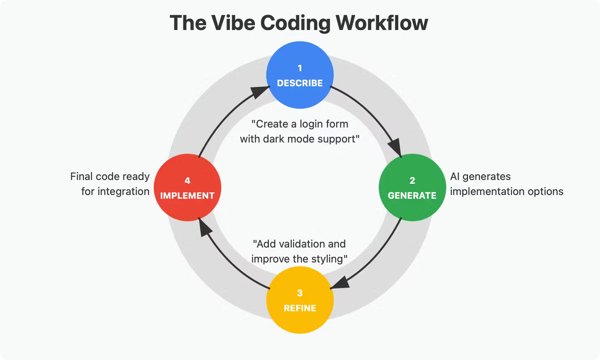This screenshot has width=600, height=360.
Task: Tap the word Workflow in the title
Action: [381, 23]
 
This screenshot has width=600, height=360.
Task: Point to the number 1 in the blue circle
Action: [300, 68]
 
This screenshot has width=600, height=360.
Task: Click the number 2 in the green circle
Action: [412, 181]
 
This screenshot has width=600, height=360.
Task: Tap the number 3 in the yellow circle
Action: [300, 293]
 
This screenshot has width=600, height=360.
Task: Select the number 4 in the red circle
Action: [187, 181]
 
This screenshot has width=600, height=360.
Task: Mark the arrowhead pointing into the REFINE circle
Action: [340, 283]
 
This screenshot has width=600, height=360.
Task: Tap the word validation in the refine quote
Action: [302, 244]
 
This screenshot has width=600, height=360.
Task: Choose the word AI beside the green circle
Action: [454, 177]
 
